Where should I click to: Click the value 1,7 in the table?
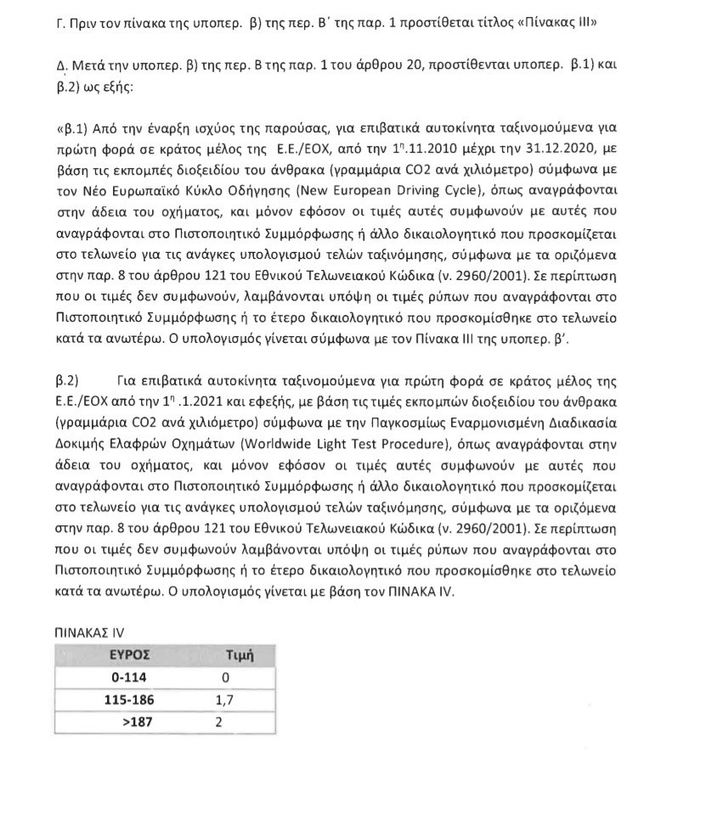pos(224,700)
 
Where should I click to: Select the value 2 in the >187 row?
pos(218,722)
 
